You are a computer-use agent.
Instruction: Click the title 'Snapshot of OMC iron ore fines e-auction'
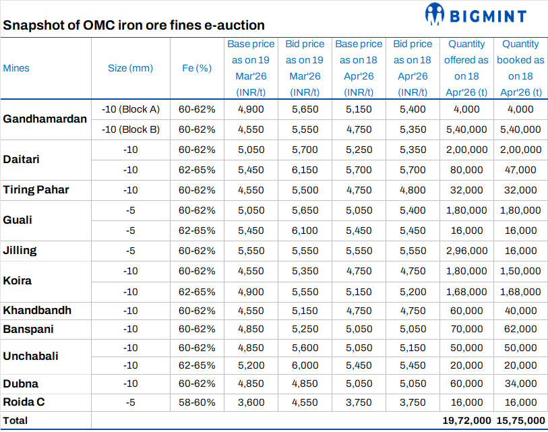(133, 25)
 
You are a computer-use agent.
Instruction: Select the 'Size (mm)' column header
(130, 68)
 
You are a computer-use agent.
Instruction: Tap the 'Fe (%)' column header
(197, 68)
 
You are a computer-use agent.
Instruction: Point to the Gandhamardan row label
(45, 119)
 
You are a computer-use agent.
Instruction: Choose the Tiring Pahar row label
(36, 189)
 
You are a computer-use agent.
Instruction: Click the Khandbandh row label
(37, 311)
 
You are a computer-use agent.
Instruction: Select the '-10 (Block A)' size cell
(130, 109)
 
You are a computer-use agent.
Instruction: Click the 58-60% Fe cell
(197, 402)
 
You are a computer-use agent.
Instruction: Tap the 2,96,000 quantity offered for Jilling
(466, 251)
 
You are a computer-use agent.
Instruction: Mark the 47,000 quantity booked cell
(520, 170)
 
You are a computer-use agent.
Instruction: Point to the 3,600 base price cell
(250, 402)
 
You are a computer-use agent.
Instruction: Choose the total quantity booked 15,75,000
(520, 420)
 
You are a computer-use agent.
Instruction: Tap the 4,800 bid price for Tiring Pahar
(412, 190)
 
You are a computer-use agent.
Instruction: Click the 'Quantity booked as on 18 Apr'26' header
(520, 68)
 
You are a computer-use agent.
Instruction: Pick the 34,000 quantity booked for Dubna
(520, 383)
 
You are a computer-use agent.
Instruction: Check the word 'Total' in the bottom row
(16, 420)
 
